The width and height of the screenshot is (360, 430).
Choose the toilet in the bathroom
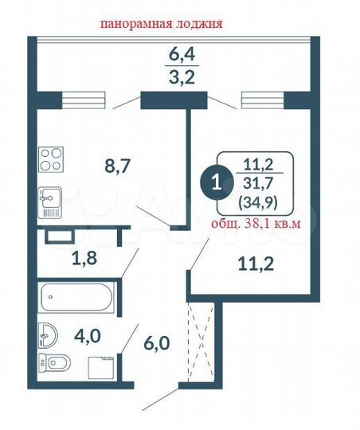tap(53, 365)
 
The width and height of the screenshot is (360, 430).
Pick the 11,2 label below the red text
tap(256, 264)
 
